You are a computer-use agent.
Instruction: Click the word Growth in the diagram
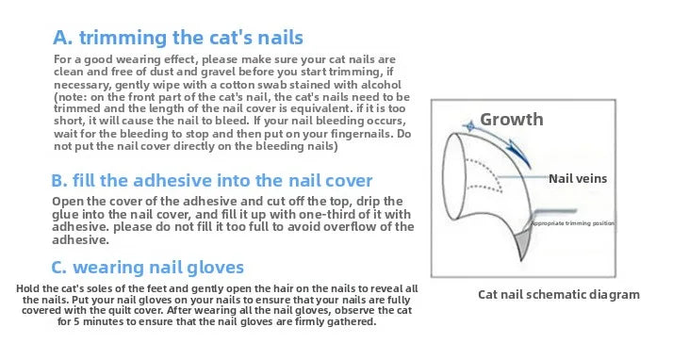[512, 119]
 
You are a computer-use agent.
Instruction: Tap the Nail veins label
[578, 177]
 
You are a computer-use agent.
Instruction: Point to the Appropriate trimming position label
[573, 223]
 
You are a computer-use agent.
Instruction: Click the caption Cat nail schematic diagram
[558, 294]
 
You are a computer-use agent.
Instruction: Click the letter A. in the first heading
[63, 39]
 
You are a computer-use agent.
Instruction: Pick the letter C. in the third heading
[59, 267]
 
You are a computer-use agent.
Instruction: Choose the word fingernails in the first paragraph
[357, 135]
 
